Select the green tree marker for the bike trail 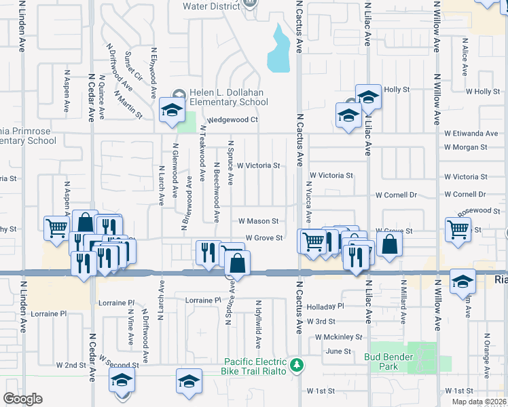click(x=296, y=366)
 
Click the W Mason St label click(x=258, y=221)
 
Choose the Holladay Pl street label click(x=325, y=306)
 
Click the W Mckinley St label click(x=339, y=336)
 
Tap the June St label click(x=338, y=351)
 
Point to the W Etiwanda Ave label click(x=471, y=134)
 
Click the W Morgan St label click(x=465, y=147)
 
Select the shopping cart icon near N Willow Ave click(x=458, y=229)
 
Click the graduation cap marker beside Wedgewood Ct click(x=172, y=110)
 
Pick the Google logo click(x=22, y=399)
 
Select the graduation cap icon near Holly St click(x=368, y=97)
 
